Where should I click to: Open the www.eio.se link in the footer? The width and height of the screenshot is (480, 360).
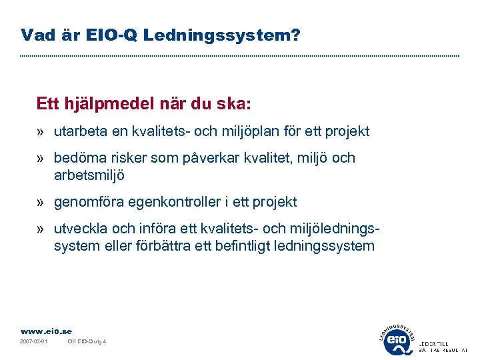click(46, 331)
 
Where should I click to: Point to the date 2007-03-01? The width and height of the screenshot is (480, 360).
click(33, 342)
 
